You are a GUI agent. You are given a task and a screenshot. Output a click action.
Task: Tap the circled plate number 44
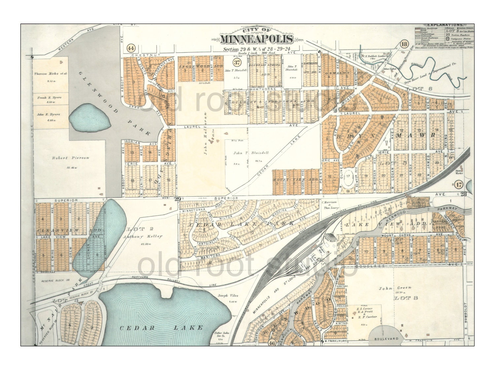point(131,48)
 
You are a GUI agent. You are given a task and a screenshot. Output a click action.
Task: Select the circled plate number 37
point(237,62)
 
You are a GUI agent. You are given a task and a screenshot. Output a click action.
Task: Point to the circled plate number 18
point(404,44)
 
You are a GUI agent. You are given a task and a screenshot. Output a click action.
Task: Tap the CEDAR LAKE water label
point(161,327)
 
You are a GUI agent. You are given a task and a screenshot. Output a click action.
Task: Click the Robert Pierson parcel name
point(71,158)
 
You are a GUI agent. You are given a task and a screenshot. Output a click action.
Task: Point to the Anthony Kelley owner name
point(143,236)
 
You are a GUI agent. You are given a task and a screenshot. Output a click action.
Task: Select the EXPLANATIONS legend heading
point(445,25)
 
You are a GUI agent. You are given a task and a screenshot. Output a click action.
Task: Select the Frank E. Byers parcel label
point(49,98)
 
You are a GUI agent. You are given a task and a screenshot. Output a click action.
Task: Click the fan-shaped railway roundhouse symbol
point(330,238)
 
